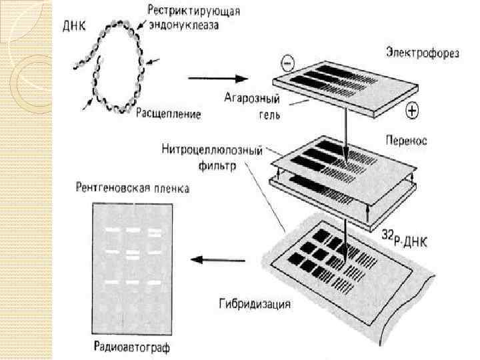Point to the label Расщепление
pos(168,114)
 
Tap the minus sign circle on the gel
pos(287,64)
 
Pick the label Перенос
pos(407,141)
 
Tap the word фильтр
pos(215,165)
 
